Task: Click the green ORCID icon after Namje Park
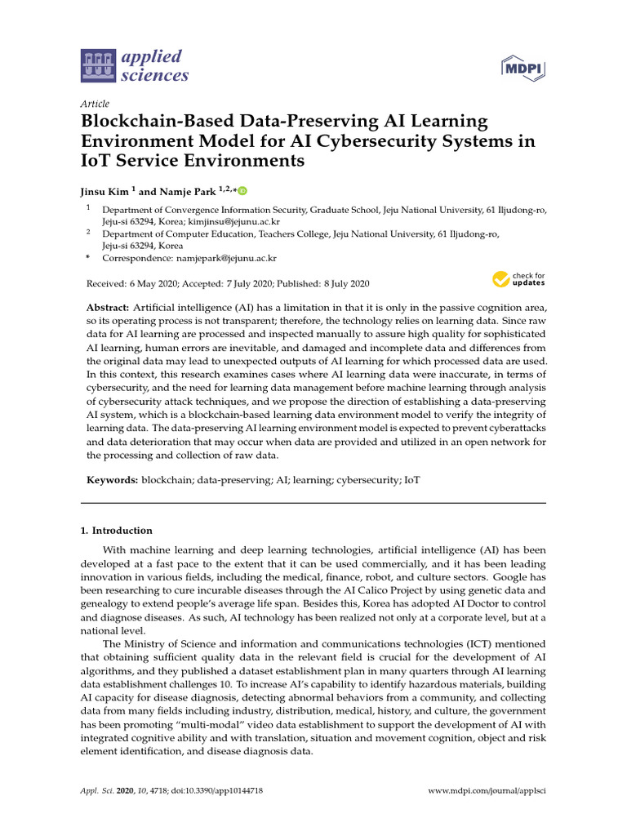[x=242, y=191]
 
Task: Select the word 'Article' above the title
[x=96, y=104]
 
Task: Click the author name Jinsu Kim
[x=107, y=192]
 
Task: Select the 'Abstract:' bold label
[x=108, y=306]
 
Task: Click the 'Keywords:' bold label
[x=113, y=482]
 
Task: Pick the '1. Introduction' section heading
[x=116, y=531]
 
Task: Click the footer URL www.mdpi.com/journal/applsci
[x=487, y=792]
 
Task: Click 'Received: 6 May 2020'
[x=131, y=284]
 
